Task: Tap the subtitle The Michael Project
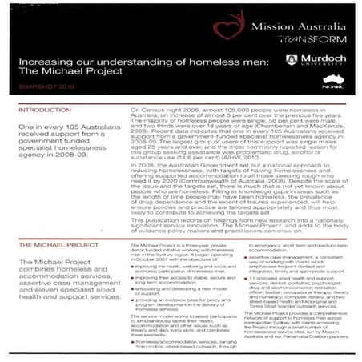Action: click(x=68, y=72)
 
